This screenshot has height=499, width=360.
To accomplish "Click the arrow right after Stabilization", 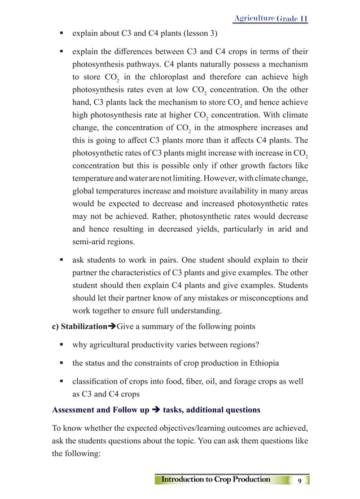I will pos(111,327).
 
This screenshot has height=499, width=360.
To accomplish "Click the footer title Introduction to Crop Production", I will pos(216,480).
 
